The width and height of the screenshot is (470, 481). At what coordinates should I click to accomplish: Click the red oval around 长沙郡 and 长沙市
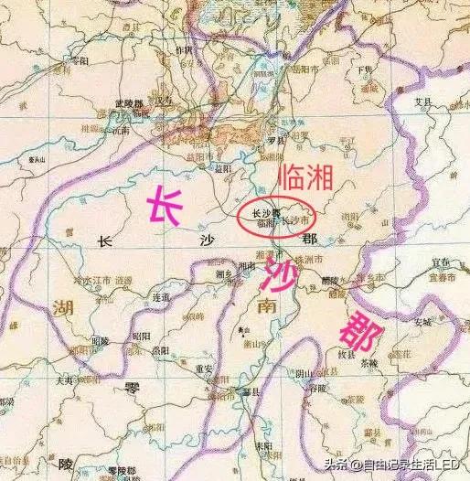275,217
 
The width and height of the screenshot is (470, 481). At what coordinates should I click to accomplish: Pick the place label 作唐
185,50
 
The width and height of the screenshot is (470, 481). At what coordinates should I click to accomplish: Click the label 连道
162,298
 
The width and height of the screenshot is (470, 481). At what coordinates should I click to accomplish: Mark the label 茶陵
369,361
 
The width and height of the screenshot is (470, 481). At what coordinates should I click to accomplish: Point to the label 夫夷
64,378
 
